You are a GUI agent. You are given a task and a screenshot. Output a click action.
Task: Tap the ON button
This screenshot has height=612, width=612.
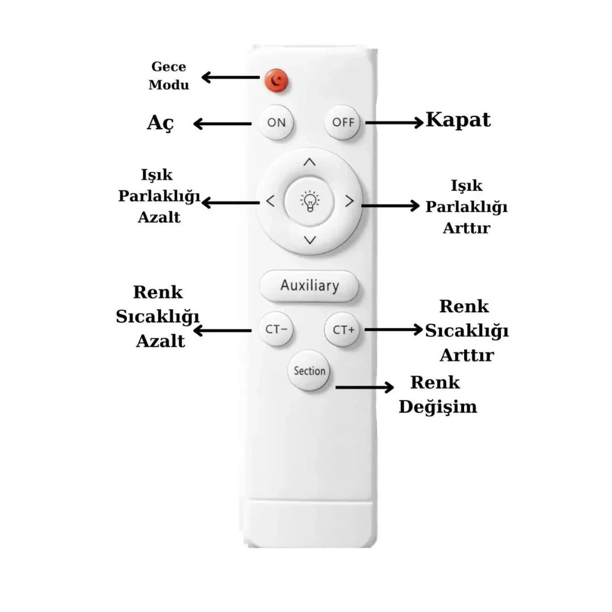(x=276, y=122)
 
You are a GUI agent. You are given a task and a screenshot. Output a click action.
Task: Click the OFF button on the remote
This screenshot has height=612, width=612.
(x=343, y=122)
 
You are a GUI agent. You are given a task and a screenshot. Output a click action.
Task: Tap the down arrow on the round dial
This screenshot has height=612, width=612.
(x=309, y=240)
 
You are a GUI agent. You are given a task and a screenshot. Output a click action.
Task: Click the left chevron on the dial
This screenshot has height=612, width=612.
(x=270, y=201)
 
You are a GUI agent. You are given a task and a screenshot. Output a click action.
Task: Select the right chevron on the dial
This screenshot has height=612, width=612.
(x=349, y=201)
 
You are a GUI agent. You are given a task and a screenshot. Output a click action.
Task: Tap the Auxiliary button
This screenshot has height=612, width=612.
(x=309, y=286)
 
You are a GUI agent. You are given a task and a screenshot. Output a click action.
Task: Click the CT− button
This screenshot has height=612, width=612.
(x=276, y=329)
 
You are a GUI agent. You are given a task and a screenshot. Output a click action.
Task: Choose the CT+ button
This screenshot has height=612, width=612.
(x=343, y=329)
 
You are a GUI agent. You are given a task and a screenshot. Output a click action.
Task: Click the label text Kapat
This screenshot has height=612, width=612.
(x=458, y=120)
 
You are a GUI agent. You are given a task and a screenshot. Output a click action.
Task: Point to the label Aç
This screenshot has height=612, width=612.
(x=161, y=122)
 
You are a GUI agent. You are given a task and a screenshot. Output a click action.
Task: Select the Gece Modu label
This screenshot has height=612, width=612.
(x=168, y=76)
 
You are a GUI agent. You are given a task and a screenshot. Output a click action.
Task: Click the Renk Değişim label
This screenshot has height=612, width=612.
(x=437, y=394)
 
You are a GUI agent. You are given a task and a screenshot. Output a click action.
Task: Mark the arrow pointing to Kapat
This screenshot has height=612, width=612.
(x=394, y=122)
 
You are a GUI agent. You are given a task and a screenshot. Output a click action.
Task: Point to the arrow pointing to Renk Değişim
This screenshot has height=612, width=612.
(x=364, y=387)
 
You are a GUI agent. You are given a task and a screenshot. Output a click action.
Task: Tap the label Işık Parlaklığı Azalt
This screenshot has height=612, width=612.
(x=159, y=195)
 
